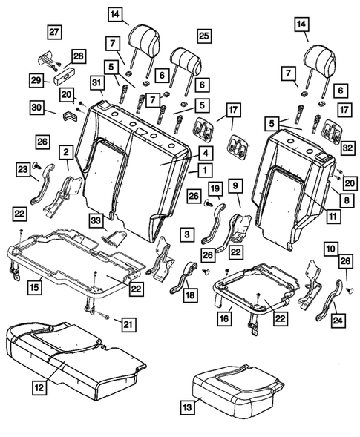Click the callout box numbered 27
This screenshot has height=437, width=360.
tap(53, 32)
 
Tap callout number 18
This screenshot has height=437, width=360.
tap(192, 295)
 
